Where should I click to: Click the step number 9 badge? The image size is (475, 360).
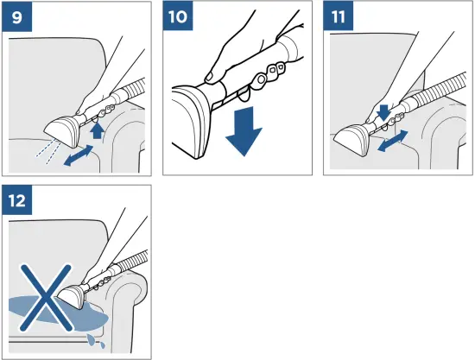click(x=17, y=16)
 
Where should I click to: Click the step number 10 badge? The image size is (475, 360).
click(x=178, y=16)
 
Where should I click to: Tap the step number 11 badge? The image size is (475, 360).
click(x=338, y=16)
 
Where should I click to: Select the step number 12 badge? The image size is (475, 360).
click(x=17, y=200)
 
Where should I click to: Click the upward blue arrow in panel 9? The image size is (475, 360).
click(x=98, y=131)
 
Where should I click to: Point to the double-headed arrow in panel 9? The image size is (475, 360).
click(x=79, y=155)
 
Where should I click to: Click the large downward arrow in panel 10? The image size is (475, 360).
click(x=244, y=131)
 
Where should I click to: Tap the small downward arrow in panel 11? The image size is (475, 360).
click(x=383, y=112)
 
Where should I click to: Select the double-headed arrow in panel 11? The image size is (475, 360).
click(x=393, y=141)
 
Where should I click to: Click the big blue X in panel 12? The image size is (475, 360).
click(x=46, y=297)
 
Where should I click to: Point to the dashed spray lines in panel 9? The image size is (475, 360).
click(x=48, y=153)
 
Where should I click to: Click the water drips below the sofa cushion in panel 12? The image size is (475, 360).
click(x=96, y=340)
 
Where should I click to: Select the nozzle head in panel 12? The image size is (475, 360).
click(x=72, y=296)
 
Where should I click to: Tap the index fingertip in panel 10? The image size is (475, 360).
click(x=209, y=76)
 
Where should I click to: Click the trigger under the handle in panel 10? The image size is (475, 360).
click(x=244, y=94)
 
